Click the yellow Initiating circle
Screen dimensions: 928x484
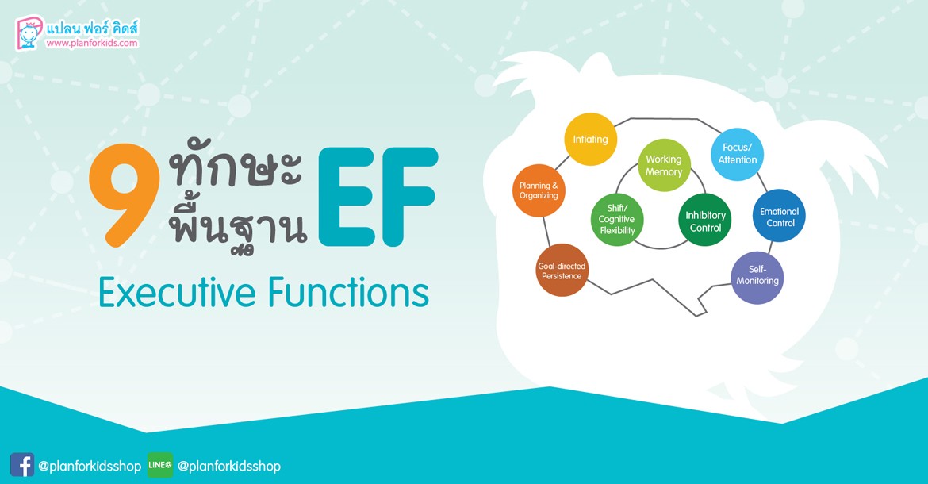pos(590,139)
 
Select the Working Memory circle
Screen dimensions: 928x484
pos(664,165)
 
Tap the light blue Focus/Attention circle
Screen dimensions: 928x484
pos(737,154)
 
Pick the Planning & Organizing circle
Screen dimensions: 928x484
pos(539,190)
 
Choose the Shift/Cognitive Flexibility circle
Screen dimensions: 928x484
pos(617,220)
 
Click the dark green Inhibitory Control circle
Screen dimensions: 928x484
pos(705,220)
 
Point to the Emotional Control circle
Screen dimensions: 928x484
pos(779,216)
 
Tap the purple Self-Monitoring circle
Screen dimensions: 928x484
pos(757,278)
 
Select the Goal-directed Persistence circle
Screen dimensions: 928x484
pos(562,271)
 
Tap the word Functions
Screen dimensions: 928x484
pos(348,292)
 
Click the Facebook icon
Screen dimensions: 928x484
pos(22,465)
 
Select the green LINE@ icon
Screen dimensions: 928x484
pos(159,465)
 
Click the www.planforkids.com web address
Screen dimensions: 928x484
pos(92,43)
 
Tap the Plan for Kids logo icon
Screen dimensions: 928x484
pos(29,33)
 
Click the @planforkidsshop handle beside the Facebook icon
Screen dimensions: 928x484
pos(90,467)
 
